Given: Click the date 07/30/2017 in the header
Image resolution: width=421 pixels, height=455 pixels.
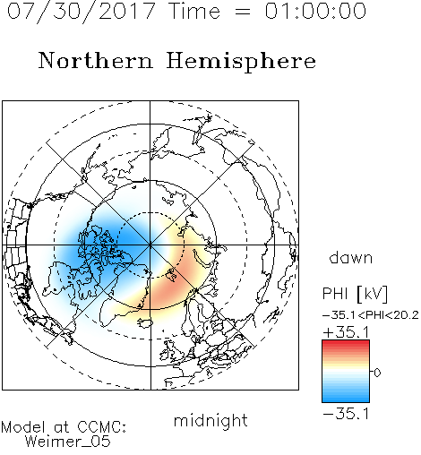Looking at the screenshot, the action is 81,11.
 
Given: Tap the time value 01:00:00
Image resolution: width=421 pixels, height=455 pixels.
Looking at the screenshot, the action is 315,11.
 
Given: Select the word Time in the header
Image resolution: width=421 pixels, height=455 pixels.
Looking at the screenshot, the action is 194,11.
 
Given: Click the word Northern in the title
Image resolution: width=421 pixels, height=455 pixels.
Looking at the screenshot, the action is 96,61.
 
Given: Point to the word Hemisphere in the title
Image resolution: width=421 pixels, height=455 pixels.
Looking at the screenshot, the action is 241,62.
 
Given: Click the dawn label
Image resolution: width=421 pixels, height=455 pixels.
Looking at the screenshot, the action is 351,258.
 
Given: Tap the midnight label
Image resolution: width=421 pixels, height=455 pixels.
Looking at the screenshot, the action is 210,421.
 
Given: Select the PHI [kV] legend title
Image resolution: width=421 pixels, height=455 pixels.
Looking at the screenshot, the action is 355,294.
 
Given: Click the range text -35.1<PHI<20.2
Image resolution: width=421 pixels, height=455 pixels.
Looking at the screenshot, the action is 371,315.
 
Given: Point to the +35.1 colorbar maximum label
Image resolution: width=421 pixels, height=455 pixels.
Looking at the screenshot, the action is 346,332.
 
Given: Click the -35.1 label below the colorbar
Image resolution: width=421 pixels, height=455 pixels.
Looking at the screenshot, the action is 346,414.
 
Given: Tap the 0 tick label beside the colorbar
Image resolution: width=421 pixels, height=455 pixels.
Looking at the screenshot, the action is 377,373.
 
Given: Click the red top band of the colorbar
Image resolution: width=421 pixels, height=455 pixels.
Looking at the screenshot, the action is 346,343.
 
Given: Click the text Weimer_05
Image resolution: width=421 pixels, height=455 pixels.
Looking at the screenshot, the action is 68,442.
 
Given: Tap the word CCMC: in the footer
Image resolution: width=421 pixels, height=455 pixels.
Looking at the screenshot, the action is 102,427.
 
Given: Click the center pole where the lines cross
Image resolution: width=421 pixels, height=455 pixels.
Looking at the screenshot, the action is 150,245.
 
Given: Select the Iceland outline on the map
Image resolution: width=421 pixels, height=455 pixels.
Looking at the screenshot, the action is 145,322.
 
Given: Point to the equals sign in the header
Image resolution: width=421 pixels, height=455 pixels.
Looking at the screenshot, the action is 243,12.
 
